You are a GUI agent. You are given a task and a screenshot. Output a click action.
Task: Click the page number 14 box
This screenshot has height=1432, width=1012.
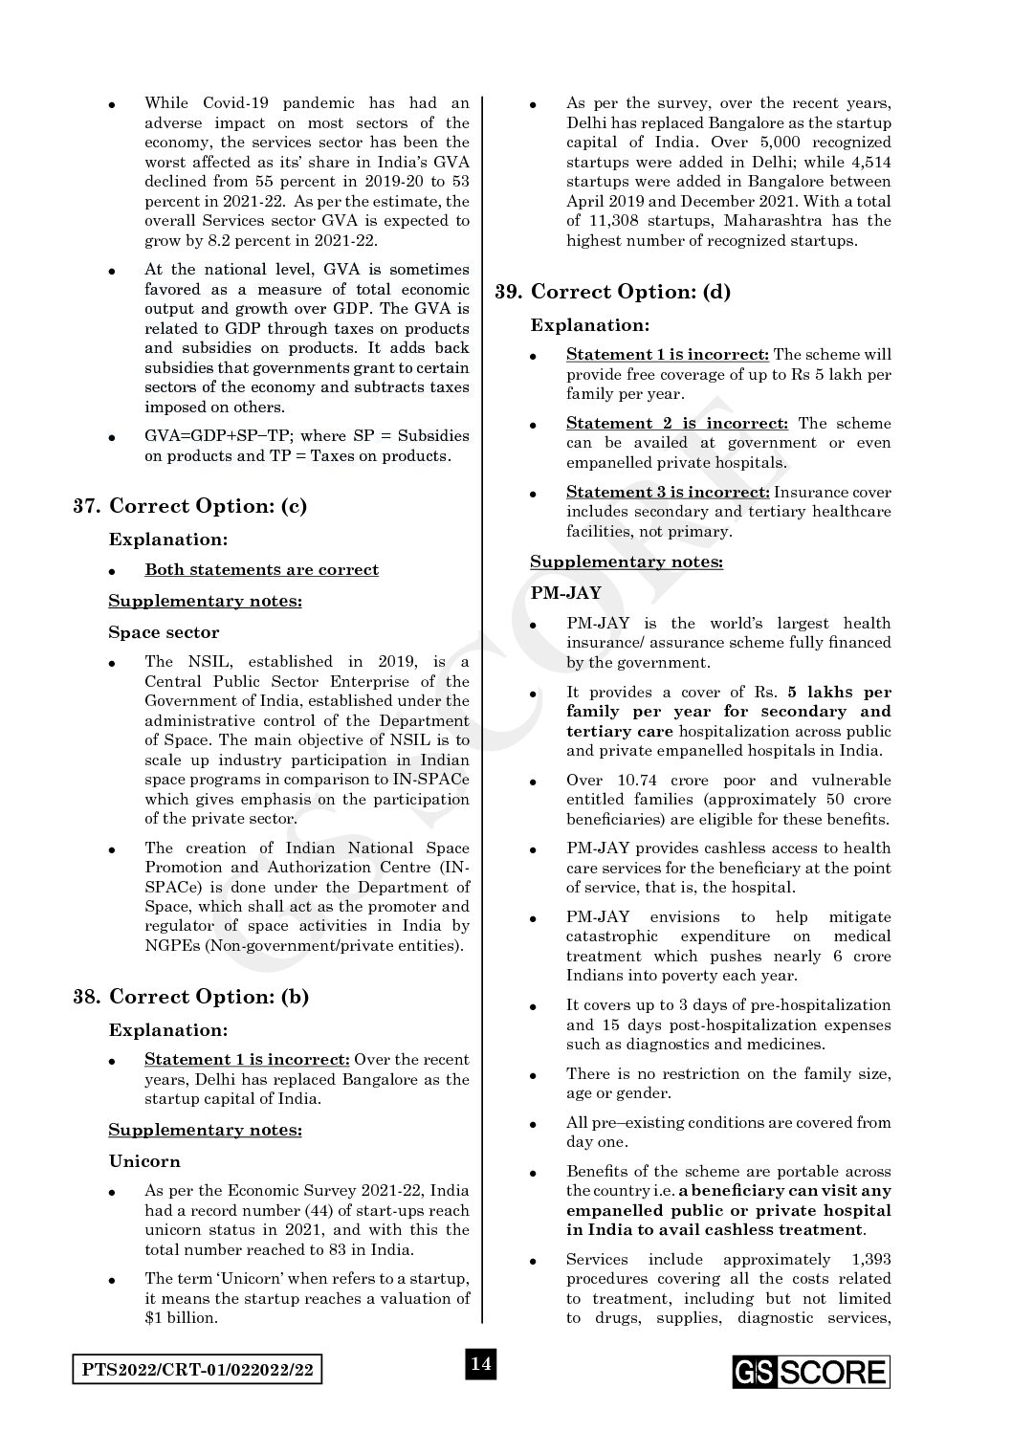(x=480, y=1364)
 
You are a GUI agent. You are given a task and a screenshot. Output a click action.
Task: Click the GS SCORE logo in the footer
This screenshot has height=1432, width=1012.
(x=811, y=1373)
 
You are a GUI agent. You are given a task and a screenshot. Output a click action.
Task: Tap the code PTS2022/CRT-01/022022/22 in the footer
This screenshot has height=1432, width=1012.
(x=197, y=1371)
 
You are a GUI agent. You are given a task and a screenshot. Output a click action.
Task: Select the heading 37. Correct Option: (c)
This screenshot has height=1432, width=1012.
(x=190, y=506)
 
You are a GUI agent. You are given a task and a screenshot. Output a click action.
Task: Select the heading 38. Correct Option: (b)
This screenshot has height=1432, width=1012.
(x=191, y=997)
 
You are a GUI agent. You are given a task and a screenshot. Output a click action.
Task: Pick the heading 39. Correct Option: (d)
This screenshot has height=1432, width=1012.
(x=612, y=292)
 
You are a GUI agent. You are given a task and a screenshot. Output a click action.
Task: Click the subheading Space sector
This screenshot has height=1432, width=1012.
(x=164, y=632)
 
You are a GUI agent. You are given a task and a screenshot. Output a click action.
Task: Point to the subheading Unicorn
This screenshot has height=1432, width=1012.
(x=143, y=1161)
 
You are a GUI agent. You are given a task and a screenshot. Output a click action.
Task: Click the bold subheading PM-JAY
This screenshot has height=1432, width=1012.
(x=566, y=593)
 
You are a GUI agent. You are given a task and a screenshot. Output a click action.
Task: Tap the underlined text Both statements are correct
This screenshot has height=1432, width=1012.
(x=261, y=570)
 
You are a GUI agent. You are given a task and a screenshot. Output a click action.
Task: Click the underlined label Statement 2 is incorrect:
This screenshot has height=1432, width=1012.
(x=677, y=424)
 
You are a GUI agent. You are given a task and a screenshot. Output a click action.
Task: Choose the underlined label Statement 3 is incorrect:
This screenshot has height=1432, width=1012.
(x=668, y=493)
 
